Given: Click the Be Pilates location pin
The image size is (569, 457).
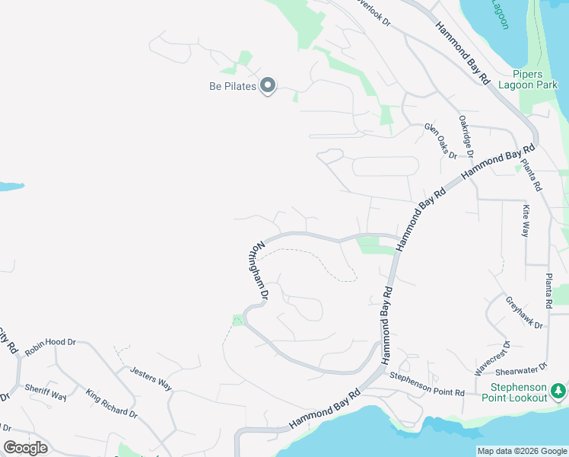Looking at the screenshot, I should [x=268, y=86].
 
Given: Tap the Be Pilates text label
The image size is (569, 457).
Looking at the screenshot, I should [x=233, y=86].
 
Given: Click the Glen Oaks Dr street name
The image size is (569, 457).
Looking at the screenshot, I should [x=440, y=141].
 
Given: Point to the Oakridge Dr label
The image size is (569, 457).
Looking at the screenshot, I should [x=466, y=136].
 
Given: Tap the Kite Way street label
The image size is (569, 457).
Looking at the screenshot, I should [x=525, y=220].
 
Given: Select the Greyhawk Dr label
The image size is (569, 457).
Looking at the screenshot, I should [x=525, y=312].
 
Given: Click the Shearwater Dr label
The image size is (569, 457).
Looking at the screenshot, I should [x=522, y=370].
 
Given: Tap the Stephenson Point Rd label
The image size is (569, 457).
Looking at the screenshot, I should [x=427, y=384].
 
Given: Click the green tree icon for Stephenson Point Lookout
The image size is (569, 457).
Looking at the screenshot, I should [x=559, y=390].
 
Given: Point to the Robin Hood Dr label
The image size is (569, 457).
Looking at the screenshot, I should [x=51, y=347].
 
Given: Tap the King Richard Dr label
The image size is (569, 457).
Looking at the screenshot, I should [x=111, y=404].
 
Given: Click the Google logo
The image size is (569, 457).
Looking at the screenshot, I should [x=25, y=448].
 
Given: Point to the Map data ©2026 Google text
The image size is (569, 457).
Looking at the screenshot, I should [x=522, y=451].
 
